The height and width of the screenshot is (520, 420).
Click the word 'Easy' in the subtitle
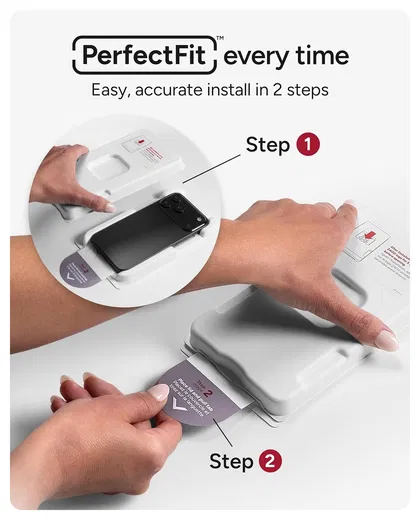[112, 90]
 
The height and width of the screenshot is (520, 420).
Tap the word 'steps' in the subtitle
[306, 90]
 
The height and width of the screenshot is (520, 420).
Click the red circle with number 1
[307, 146]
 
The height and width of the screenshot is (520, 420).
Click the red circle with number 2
[269, 462]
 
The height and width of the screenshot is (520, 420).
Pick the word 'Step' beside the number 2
[231, 462]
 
